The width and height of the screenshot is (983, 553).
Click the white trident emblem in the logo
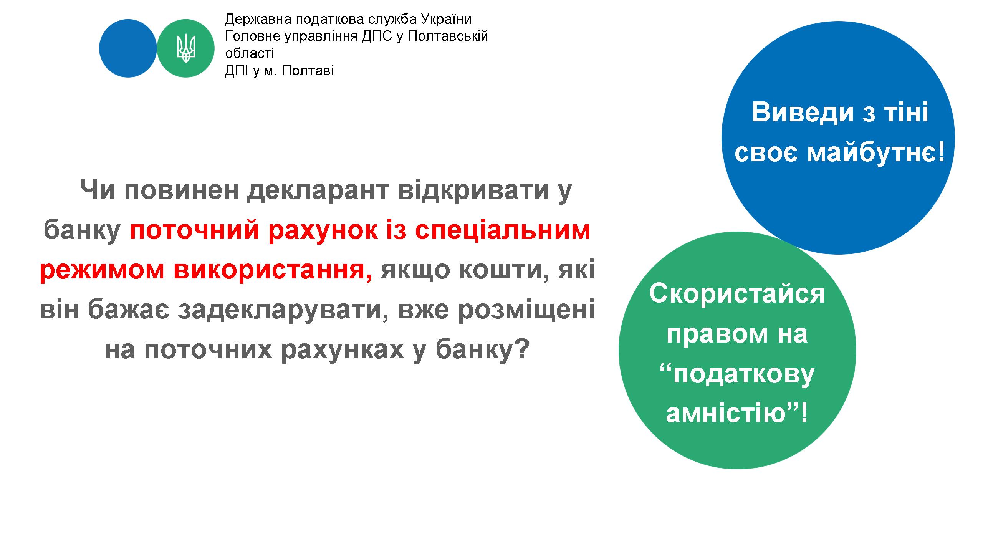[x=185, y=48]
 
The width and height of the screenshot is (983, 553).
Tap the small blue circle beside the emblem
[x=128, y=48]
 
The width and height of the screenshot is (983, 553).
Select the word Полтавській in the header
[x=448, y=37]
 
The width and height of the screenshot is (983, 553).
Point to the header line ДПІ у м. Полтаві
[x=279, y=71]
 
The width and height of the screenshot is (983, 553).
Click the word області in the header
[x=250, y=54]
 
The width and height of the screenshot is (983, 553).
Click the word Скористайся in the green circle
[x=737, y=294]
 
